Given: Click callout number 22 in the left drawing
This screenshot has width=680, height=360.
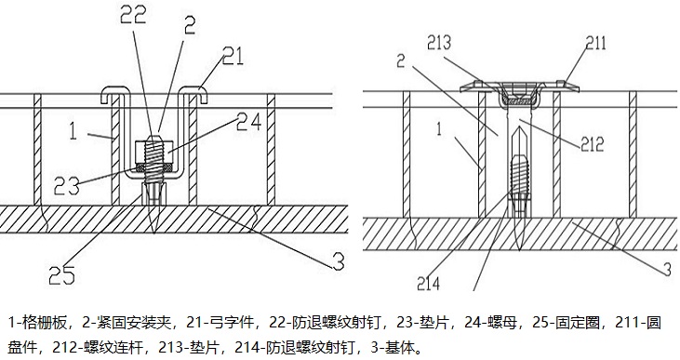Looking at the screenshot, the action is [x=133, y=16].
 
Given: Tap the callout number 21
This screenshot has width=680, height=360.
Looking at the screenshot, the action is [x=233, y=57].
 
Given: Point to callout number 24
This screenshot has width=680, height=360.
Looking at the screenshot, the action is [x=249, y=121].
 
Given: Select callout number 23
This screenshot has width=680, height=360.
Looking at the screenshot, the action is [x=67, y=186].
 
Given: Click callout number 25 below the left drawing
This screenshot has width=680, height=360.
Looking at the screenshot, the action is [x=61, y=275].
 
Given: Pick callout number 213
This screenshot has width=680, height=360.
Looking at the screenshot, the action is [x=439, y=43].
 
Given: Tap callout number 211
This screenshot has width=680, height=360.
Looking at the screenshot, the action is [x=596, y=43].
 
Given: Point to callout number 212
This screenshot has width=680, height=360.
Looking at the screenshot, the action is [x=593, y=143].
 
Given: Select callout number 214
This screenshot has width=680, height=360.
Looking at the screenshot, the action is [x=429, y=284].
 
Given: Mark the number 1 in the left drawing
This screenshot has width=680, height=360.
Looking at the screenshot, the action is [x=73, y=130].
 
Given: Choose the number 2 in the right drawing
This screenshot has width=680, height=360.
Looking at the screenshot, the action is [x=401, y=60].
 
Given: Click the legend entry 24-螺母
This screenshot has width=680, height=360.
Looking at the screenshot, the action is [x=490, y=323].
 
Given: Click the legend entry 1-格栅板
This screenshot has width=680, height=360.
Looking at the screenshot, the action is [x=38, y=323].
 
